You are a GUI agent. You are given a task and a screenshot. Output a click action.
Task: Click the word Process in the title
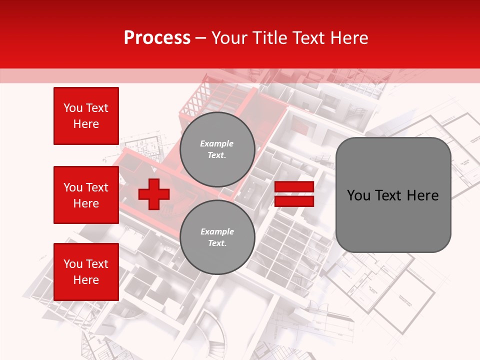pyautogui.click(x=157, y=38)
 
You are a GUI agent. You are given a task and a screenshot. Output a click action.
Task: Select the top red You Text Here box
pyautogui.click(x=86, y=116)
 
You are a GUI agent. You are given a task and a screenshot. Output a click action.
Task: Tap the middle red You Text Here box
pyautogui.click(x=86, y=195)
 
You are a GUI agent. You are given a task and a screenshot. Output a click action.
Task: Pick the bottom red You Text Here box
pyautogui.click(x=86, y=272)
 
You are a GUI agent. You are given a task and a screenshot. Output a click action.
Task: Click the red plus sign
pyautogui.click(x=154, y=194)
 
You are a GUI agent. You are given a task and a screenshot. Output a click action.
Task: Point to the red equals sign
pyautogui.click(x=294, y=194)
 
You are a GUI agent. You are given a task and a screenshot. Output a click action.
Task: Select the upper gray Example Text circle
pyautogui.click(x=217, y=149)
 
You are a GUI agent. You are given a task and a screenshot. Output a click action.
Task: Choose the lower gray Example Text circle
pyautogui.click(x=217, y=237)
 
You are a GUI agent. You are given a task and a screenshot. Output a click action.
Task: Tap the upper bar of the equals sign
pyautogui.click(x=294, y=187)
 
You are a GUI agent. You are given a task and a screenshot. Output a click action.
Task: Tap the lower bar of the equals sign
pyautogui.click(x=294, y=201)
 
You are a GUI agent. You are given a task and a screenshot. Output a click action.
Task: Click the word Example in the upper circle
pyautogui.click(x=217, y=143)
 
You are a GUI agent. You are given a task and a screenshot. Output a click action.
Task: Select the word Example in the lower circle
pyautogui.click(x=217, y=231)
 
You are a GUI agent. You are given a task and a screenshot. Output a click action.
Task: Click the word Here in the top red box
pyautogui.click(x=86, y=124)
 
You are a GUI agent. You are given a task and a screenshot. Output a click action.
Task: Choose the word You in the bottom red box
pyautogui.click(x=73, y=264)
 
